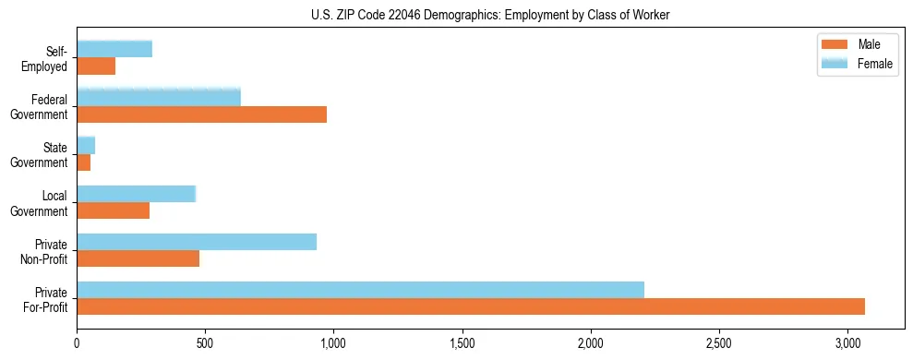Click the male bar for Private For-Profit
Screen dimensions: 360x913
[471, 306]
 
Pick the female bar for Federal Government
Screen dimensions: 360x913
[159, 97]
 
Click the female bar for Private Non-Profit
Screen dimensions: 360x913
[197, 242]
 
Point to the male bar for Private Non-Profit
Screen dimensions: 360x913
[138, 258]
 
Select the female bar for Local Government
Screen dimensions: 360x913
[137, 194]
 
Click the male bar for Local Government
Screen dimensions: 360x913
[114, 210]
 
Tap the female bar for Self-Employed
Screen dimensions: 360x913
[114, 49]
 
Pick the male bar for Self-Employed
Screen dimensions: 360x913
[96, 66]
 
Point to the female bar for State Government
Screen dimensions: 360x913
[86, 145]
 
